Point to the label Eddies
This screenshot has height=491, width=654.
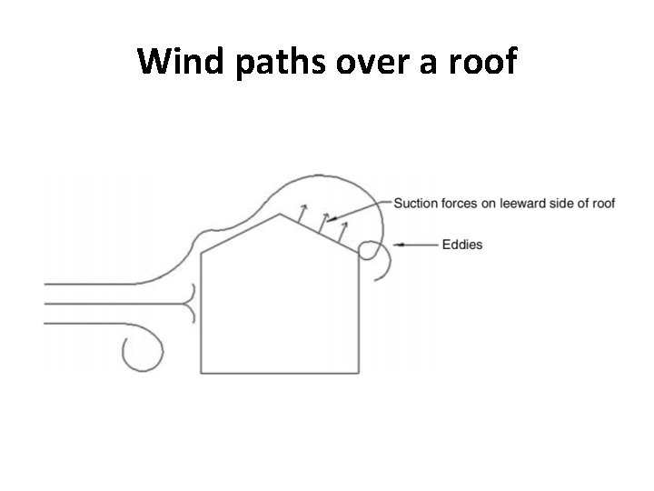pyautogui.click(x=462, y=244)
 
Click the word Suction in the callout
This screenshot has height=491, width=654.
pyautogui.click(x=414, y=203)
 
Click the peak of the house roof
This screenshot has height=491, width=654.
pyautogui.click(x=279, y=214)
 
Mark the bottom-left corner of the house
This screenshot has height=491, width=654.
pyautogui.click(x=201, y=373)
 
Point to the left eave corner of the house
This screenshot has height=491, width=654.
pyautogui.click(x=201, y=251)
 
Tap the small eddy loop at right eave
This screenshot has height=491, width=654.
pyautogui.click(x=371, y=250)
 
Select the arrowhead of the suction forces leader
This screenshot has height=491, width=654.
pyautogui.click(x=330, y=219)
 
